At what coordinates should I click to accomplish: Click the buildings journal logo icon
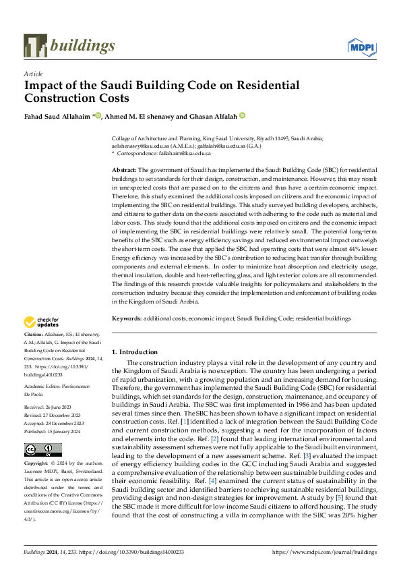tap(35, 45)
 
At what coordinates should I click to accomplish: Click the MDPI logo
tap(361, 46)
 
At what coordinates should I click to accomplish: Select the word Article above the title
tap(33, 74)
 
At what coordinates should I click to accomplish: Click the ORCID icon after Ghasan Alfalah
tap(243, 115)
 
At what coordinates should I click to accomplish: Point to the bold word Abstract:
tap(124, 171)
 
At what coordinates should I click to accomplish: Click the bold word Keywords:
tap(126, 318)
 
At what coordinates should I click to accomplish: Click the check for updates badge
tap(42, 322)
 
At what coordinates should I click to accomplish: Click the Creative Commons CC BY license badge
tap(42, 450)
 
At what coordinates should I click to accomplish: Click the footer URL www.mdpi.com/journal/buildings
tap(324, 552)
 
